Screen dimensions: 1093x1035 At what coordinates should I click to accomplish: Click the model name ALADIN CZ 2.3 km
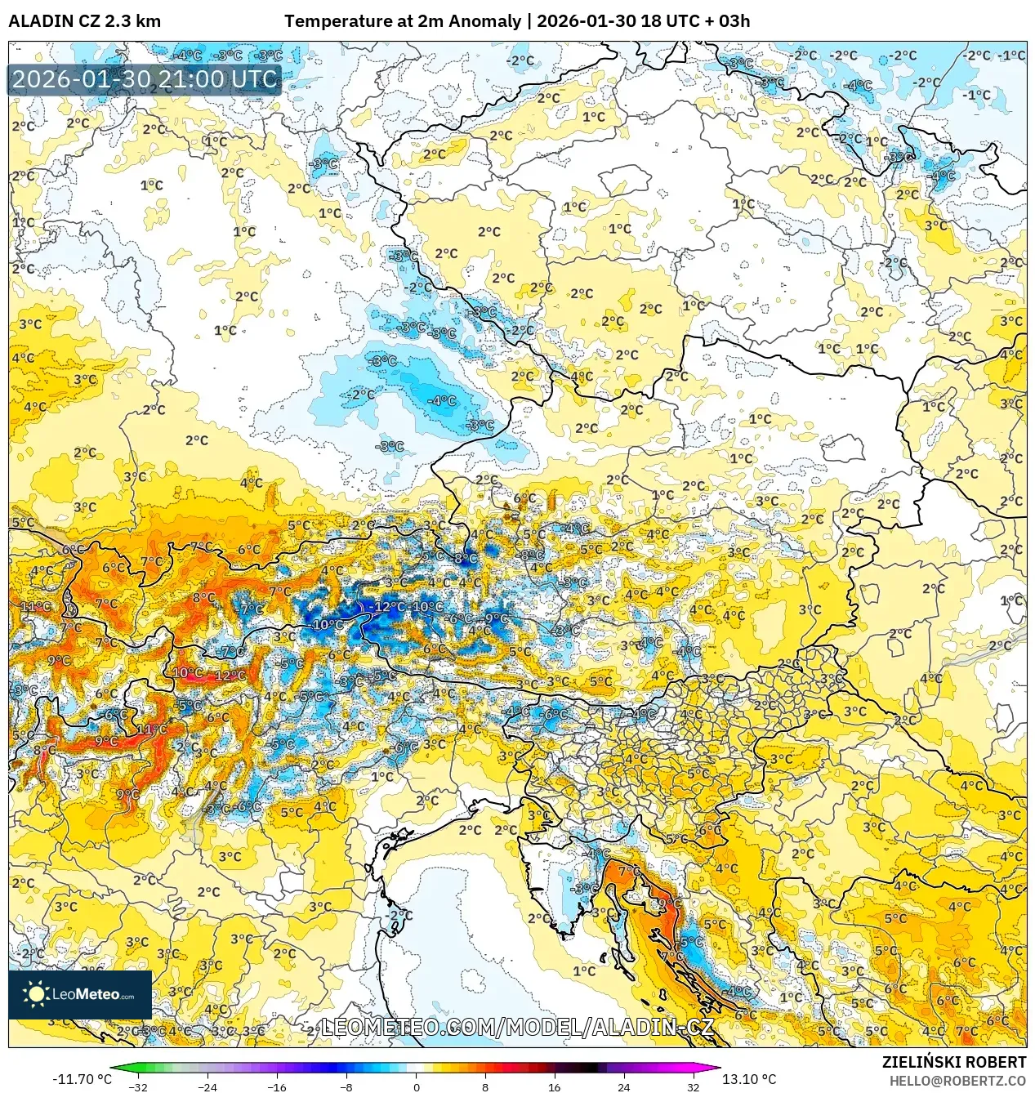(84, 21)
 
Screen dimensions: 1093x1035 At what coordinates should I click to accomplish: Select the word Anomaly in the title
(488, 21)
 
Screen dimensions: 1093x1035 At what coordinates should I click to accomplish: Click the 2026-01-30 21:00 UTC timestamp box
(145, 79)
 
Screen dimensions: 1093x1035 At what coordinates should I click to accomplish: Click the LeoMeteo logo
(80, 994)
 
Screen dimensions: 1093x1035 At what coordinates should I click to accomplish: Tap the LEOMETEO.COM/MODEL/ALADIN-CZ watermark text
(517, 1027)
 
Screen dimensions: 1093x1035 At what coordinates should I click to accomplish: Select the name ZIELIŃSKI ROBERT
(953, 1062)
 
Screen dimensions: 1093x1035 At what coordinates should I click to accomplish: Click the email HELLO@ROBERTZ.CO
(957, 1081)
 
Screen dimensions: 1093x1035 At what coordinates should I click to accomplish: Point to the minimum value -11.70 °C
(82, 1079)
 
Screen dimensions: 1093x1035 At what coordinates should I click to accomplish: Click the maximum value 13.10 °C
(749, 1079)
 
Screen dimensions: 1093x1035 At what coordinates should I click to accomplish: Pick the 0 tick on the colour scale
(416, 1086)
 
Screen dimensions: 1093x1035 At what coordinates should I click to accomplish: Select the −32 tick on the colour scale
(138, 1086)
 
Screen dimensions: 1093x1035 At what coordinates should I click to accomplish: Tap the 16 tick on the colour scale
(555, 1086)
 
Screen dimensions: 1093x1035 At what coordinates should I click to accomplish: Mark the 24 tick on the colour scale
(624, 1086)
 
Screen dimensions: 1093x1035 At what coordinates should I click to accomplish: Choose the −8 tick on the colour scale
(346, 1086)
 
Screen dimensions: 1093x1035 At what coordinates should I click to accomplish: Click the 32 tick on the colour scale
(694, 1086)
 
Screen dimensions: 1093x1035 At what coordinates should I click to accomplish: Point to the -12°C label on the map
(386, 606)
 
